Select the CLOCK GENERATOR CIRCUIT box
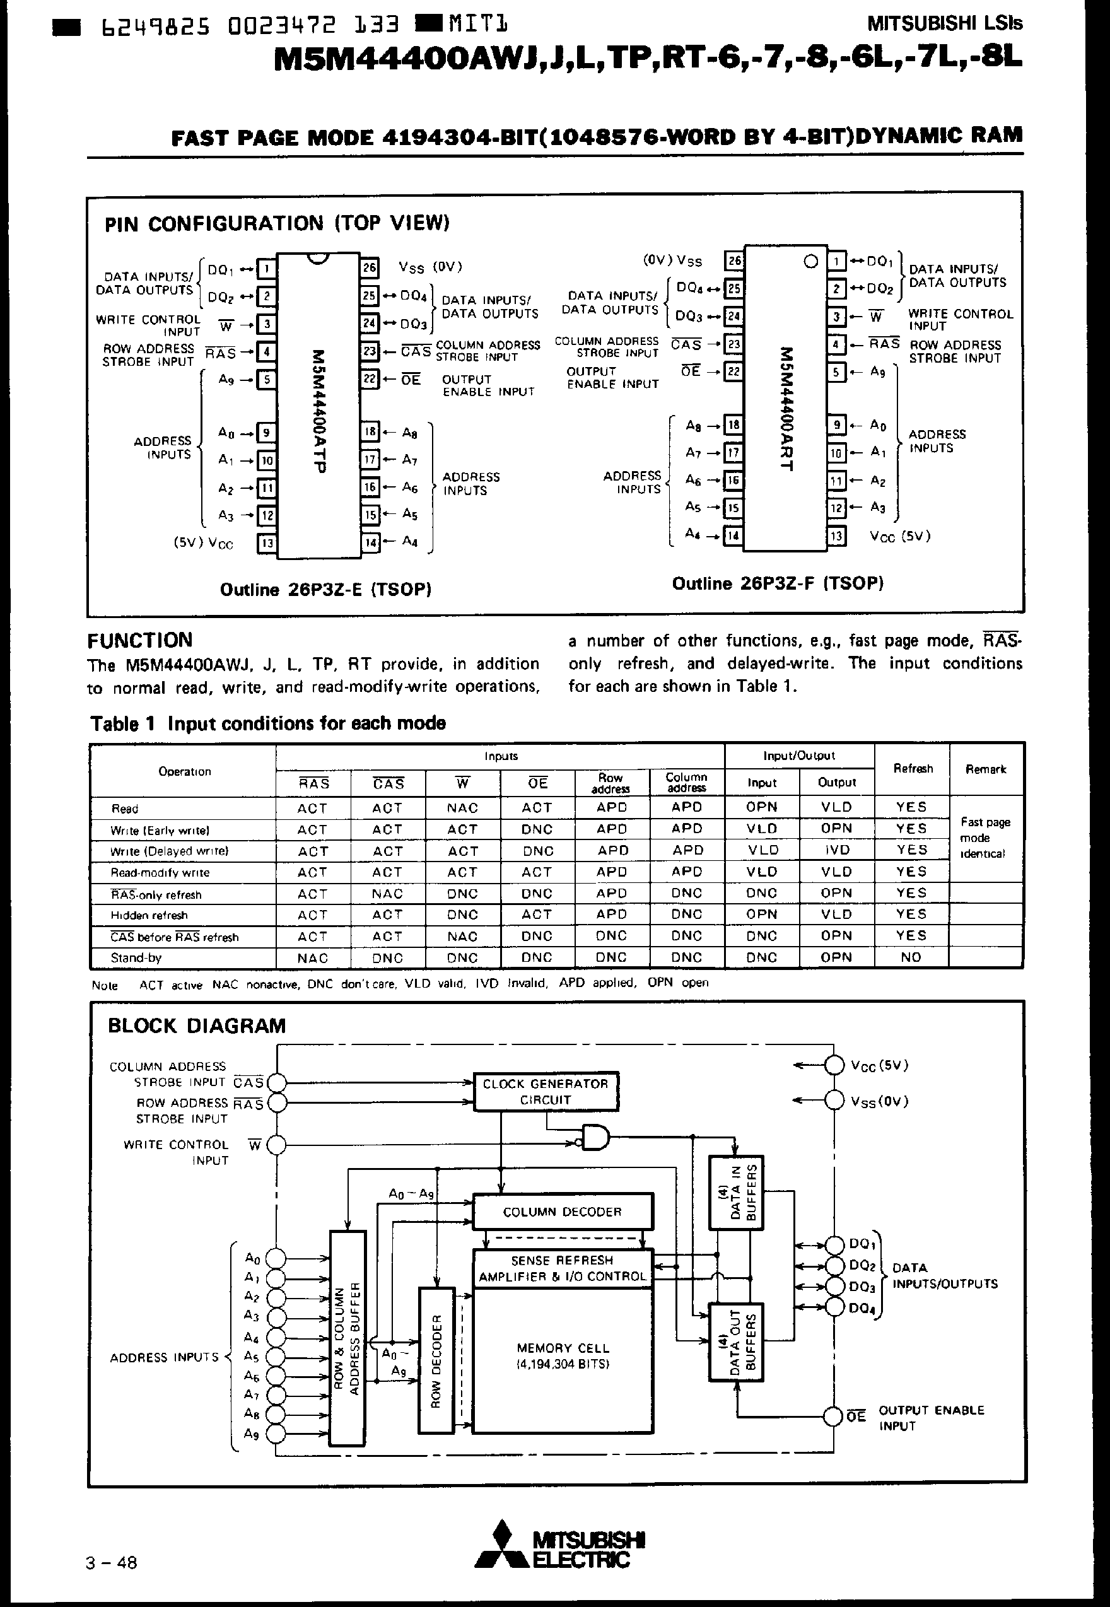point(546,1091)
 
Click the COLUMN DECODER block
point(562,1212)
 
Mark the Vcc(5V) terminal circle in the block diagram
point(833,1065)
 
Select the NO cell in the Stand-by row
point(911,957)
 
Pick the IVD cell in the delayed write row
point(836,850)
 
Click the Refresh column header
point(912,768)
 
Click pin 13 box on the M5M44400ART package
point(837,536)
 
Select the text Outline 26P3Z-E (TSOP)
point(325,590)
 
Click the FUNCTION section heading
point(140,640)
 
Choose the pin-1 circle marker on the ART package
point(810,262)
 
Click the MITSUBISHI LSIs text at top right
point(945,23)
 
